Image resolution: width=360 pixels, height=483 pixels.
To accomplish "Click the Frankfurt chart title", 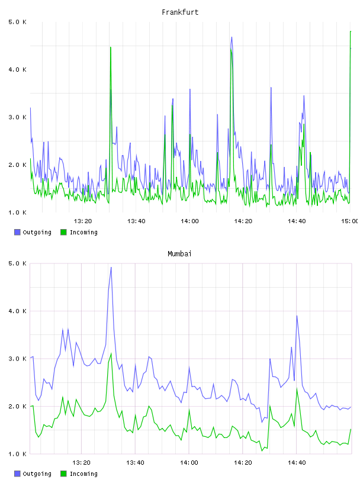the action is [x=180, y=12].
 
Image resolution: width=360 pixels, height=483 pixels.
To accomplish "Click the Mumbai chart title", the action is [x=179, y=253].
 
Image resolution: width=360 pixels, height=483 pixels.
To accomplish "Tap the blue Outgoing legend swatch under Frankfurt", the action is [x=17, y=232].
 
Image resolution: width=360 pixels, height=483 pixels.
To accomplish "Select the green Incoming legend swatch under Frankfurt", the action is [x=63, y=232].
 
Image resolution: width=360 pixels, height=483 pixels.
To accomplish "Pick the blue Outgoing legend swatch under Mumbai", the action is [x=17, y=474].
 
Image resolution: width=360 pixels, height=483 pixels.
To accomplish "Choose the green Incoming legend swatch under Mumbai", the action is [x=63, y=474].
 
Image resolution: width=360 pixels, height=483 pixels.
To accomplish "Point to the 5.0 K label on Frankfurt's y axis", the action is [x=18, y=22].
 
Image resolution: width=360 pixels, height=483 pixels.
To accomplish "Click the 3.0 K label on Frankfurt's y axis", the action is [x=18, y=117].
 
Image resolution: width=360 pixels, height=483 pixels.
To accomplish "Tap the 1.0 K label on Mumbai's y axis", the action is [x=18, y=454].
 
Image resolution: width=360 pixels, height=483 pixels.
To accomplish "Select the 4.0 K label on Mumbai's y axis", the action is [x=18, y=311].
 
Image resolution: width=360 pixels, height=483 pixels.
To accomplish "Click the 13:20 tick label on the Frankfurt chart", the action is [x=83, y=221].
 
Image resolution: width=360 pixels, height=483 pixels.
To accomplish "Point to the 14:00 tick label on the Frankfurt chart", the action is [x=189, y=221].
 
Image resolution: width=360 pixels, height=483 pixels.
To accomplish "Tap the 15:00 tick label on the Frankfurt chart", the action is [x=350, y=221].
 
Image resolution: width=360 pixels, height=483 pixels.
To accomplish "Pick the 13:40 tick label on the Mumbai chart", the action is [x=135, y=462].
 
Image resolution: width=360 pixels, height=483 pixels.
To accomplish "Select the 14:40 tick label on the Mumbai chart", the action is [x=297, y=462].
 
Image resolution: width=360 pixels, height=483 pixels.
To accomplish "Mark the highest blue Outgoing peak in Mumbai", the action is [x=111, y=268].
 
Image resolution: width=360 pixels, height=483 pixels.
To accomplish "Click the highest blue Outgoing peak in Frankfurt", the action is [x=232, y=37].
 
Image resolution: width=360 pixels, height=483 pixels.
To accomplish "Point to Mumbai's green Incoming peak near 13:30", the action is [x=111, y=353].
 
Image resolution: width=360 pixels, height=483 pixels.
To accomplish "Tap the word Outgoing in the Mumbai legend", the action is [x=37, y=474].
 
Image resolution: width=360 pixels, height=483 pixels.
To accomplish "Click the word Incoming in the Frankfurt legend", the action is [x=83, y=232].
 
